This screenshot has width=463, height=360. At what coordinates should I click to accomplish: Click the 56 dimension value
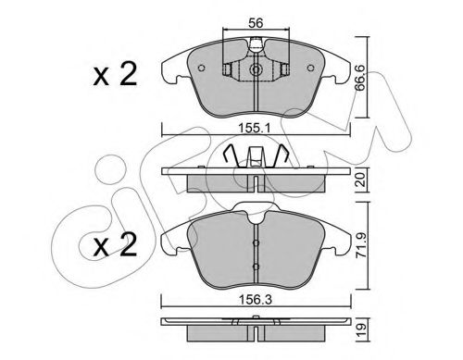click(256, 23)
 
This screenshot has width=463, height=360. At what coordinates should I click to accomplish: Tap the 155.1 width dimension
click(256, 128)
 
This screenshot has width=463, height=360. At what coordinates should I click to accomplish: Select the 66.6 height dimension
click(360, 78)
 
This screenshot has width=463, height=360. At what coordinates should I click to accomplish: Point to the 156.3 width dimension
click(256, 300)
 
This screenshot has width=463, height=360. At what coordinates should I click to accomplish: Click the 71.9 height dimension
click(360, 245)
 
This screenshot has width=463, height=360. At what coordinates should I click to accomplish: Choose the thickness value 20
click(360, 180)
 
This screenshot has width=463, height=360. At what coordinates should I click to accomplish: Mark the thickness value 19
click(362, 330)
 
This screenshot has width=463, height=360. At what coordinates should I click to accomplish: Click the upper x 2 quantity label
click(115, 75)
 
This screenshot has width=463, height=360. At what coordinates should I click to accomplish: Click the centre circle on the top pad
click(256, 69)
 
